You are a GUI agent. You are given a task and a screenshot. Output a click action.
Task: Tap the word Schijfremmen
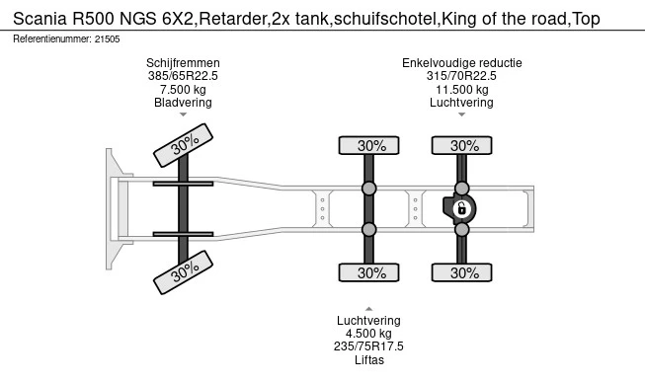(184, 63)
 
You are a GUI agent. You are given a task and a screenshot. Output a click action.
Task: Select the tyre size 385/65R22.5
(184, 76)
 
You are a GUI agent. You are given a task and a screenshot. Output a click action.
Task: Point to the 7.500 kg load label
(184, 89)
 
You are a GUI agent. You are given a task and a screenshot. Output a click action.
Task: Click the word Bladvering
(184, 103)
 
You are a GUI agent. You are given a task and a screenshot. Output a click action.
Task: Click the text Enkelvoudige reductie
(462, 63)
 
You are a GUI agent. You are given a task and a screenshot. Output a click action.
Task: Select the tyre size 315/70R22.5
(462, 76)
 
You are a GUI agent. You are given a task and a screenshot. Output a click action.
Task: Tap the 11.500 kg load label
(462, 89)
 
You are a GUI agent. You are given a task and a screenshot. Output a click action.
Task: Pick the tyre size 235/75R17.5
(369, 345)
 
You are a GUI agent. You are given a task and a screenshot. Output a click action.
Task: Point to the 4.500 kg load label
(369, 333)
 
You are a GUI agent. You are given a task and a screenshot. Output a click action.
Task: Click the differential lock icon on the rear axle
(460, 208)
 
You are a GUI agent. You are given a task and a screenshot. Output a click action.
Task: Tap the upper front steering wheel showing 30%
(184, 143)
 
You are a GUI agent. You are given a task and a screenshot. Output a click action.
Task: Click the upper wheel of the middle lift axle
(369, 145)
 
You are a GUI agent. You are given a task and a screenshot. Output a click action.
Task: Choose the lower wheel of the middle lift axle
(369, 272)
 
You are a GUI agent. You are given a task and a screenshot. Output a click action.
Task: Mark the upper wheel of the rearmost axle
(462, 145)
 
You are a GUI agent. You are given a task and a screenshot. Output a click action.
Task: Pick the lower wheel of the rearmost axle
(462, 272)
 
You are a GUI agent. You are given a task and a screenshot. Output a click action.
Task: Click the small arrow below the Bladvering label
(184, 115)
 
